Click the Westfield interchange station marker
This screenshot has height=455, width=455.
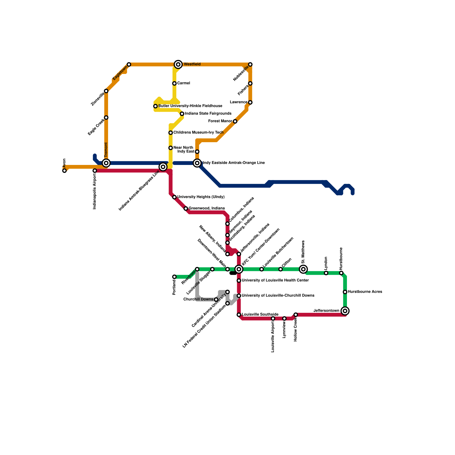pyautogui.click(x=178, y=65)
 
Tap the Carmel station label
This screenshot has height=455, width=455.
pyautogui.click(x=183, y=83)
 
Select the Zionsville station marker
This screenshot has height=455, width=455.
pyautogui.click(x=106, y=91)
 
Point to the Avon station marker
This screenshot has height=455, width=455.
pyautogui.click(x=65, y=171)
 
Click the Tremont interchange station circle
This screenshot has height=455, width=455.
pyautogui.click(x=106, y=163)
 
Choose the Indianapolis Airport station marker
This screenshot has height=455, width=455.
pyautogui.click(x=95, y=171)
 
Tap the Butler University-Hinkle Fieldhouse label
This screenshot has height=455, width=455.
pyautogui.click(x=190, y=106)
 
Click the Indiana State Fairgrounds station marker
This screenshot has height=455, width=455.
pyautogui.click(x=182, y=114)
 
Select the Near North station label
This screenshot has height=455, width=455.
pyautogui.click(x=183, y=148)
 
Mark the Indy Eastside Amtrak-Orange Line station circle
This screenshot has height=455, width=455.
pyautogui.click(x=197, y=163)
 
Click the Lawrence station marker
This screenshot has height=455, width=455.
pyautogui.click(x=250, y=102)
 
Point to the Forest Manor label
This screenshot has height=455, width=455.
pyautogui.click(x=220, y=121)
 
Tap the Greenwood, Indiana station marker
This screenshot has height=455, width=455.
pyautogui.click(x=186, y=208)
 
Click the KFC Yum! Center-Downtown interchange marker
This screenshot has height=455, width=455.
pyautogui.click(x=239, y=269)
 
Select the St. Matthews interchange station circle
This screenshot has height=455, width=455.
pyautogui.click(x=303, y=269)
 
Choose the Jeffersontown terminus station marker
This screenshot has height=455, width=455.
pyautogui.click(x=345, y=311)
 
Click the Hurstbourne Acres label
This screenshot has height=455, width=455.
pyautogui.click(x=365, y=292)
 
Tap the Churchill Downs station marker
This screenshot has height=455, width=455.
pyautogui.click(x=216, y=299)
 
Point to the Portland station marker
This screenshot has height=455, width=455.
pyautogui.click(x=174, y=277)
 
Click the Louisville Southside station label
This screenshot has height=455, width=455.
pyautogui.click(x=260, y=315)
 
